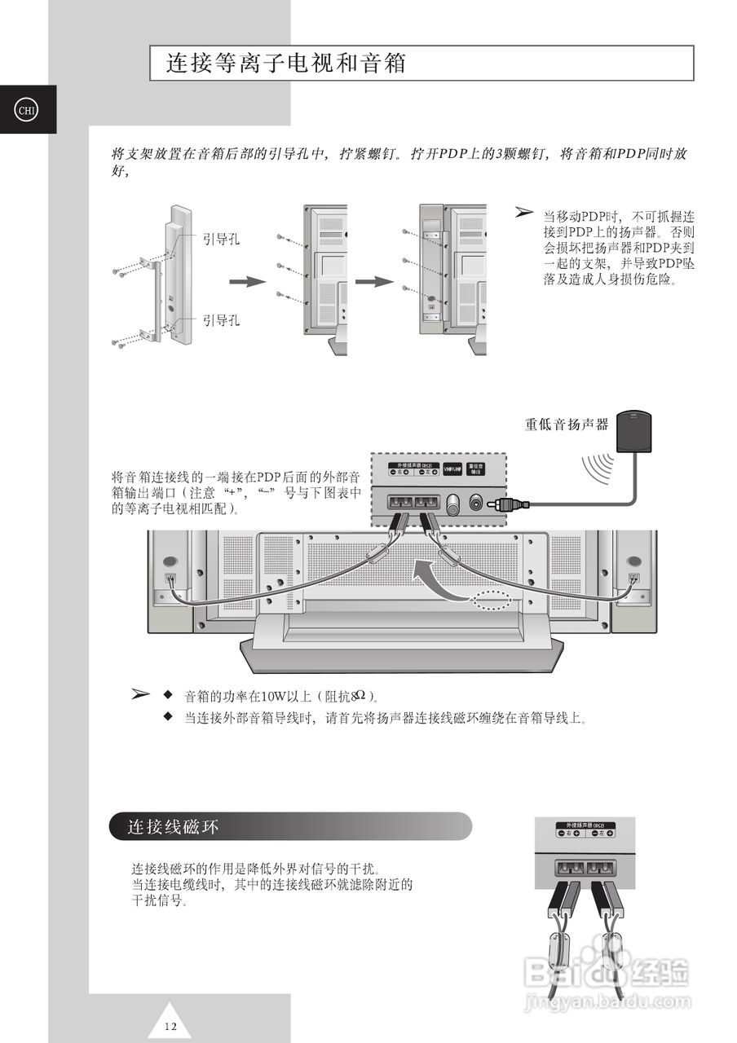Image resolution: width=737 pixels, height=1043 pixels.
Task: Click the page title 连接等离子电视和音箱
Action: pos(286,64)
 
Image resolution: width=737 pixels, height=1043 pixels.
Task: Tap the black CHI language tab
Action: pos(26,109)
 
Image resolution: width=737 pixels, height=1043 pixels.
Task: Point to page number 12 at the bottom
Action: pos(170,1025)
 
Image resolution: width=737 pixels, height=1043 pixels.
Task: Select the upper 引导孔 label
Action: pos(222,240)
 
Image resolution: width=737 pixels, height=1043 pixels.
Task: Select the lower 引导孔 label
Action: pos(222,320)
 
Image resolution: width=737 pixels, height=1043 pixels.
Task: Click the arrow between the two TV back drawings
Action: pos(374,282)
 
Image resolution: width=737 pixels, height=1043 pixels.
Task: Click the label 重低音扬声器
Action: pos(567,424)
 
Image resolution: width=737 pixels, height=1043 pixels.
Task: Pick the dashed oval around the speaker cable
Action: pos(492,601)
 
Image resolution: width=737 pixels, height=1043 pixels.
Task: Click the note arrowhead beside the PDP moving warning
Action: pos(524,213)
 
